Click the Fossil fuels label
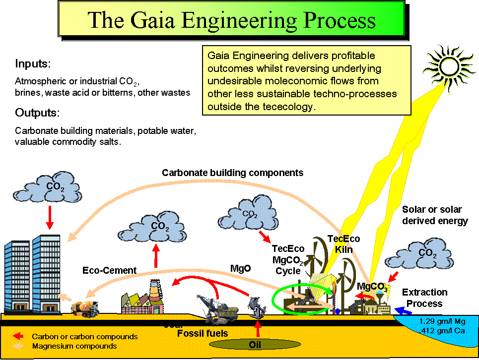[x=203, y=333]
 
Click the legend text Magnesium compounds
[x=74, y=346]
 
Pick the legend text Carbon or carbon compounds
[x=84, y=336]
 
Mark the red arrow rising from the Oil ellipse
[x=257, y=328]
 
